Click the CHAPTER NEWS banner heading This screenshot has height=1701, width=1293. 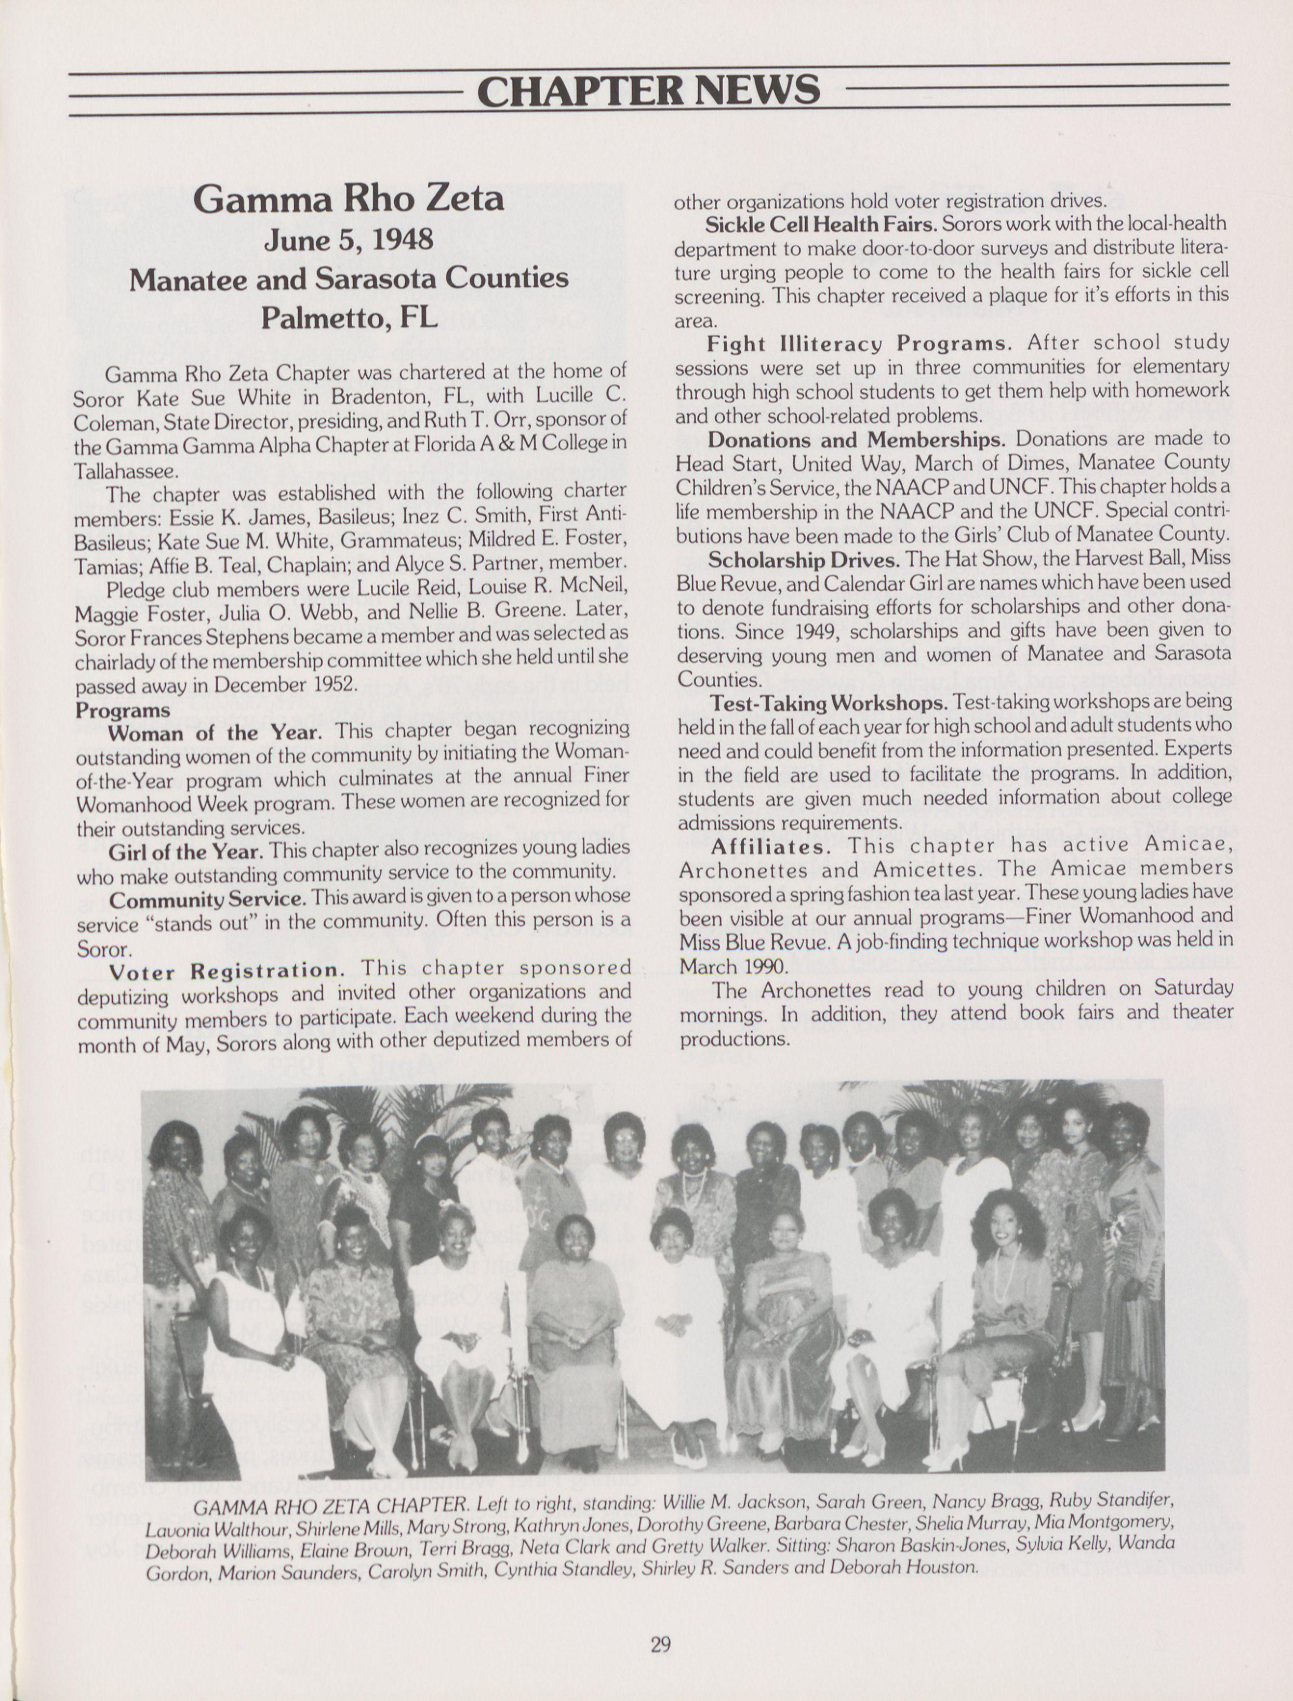[647, 90]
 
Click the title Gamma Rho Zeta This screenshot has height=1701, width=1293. [349, 198]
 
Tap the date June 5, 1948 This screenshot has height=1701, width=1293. [349, 240]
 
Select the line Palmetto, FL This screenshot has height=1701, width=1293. [349, 316]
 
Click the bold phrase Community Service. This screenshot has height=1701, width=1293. [208, 898]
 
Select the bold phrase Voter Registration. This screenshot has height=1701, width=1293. [224, 972]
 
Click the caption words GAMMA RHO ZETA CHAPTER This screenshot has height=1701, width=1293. [329, 1506]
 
